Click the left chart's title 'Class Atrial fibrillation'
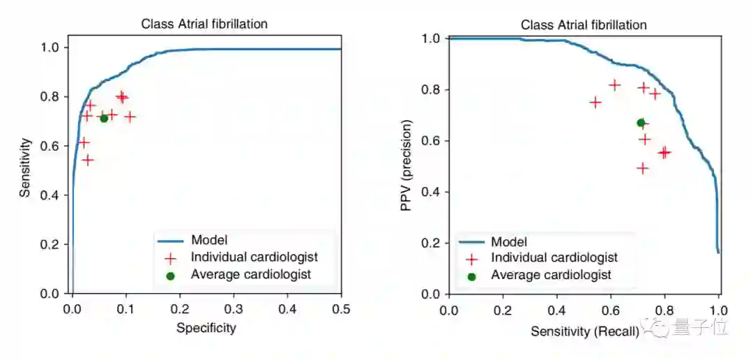coord(204,24)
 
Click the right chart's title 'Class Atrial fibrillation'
coord(584,25)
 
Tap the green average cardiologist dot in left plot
coord(104,118)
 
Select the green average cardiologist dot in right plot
coord(641,123)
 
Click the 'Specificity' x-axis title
coord(206,327)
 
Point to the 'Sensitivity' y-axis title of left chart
coord(25,167)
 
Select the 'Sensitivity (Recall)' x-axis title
coord(584,332)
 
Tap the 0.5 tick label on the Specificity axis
coord(341,308)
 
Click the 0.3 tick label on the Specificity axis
coord(234,308)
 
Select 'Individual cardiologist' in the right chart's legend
coord(554,258)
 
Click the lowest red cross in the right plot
coord(642,168)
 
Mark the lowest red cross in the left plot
coord(88,160)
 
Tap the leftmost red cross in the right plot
coord(595,102)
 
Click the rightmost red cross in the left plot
coord(129,117)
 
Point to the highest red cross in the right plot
coord(614,85)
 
